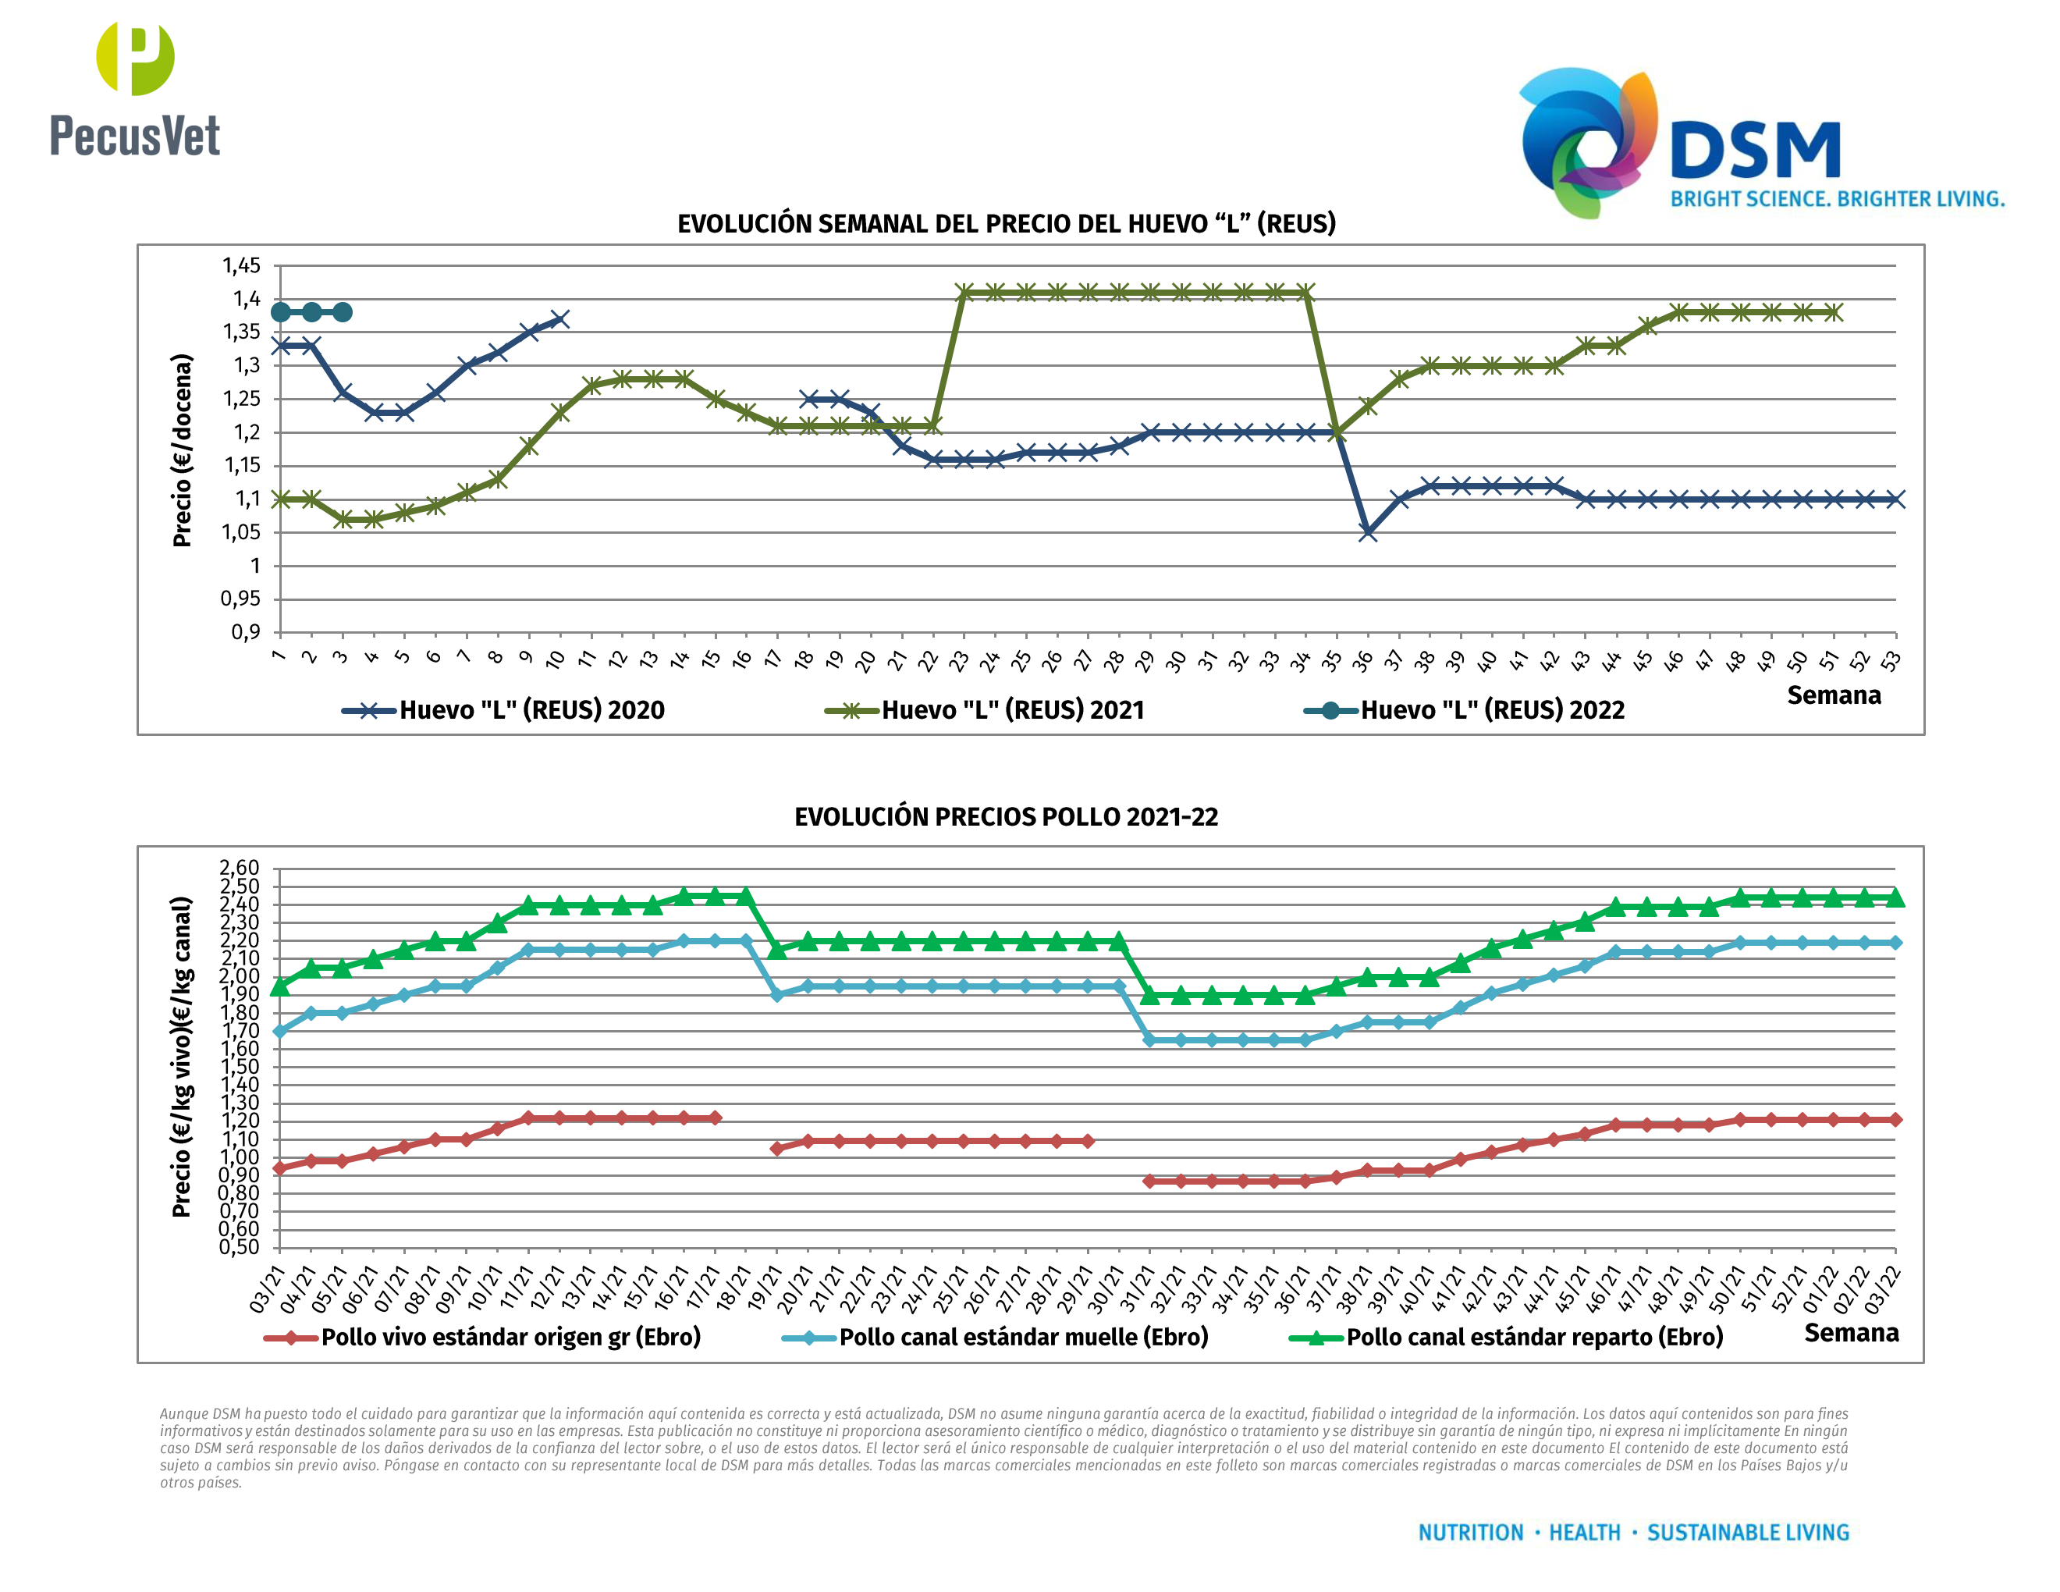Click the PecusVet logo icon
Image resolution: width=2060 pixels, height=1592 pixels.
(135, 58)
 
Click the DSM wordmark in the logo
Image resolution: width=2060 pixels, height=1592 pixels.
(1754, 150)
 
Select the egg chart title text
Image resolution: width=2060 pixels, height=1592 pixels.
(1007, 223)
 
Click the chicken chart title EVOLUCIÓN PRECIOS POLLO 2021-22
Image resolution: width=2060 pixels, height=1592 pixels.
(1006, 817)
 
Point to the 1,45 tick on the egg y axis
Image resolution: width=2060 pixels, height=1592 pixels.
(241, 266)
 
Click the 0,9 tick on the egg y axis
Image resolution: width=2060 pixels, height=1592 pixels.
(245, 632)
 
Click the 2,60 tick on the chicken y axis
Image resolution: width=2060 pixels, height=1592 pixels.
(239, 868)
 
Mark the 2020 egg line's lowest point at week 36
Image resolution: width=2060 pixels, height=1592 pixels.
(1368, 533)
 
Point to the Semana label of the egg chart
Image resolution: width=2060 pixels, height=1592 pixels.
(1834, 696)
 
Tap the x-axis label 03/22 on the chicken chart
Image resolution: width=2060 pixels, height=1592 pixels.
(1884, 1289)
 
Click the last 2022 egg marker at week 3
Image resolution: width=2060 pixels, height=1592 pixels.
(343, 312)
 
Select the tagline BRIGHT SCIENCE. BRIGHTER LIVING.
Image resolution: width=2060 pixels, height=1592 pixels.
(1837, 199)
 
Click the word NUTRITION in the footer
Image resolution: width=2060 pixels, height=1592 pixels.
(1471, 1533)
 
